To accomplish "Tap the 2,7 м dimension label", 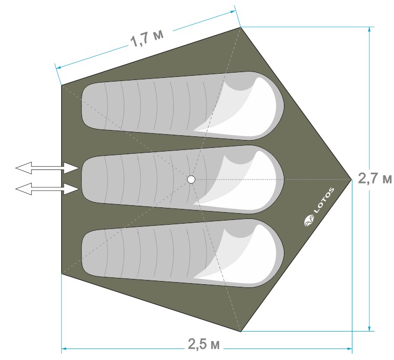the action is pos(375,179).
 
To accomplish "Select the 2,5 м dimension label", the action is pos(204,344).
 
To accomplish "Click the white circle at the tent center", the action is pos(191,179).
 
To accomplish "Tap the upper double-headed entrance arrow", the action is pos(47,168).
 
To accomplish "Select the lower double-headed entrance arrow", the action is pos(47,189).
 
